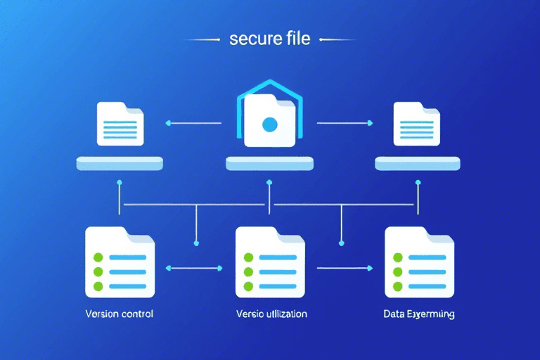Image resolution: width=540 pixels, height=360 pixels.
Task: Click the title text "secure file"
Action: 269,38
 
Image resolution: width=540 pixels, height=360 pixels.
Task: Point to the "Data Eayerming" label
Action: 420,314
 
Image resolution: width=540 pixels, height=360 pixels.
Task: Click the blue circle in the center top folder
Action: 269,125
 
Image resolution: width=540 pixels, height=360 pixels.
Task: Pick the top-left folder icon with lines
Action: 120,124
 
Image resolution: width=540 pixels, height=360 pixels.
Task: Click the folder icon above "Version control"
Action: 119,262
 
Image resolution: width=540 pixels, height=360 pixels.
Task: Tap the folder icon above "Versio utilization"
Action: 270,262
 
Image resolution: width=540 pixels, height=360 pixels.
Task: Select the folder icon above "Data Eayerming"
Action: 420,262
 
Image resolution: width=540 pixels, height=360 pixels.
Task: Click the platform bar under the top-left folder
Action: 120,164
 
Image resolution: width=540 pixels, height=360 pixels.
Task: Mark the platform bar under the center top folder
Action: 269,164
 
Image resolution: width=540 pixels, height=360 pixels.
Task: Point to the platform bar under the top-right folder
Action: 419,164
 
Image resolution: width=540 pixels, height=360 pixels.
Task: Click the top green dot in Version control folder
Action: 98,257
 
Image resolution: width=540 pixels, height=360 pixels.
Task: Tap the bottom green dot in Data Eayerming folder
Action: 399,286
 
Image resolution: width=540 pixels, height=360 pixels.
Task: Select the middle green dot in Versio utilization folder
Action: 249,271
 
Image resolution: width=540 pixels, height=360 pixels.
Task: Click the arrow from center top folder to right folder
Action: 345,123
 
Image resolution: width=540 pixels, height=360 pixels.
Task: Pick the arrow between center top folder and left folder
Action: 193,124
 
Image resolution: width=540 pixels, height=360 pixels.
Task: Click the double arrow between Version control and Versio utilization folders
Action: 194,268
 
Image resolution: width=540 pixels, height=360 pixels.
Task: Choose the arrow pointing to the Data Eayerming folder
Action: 345,268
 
